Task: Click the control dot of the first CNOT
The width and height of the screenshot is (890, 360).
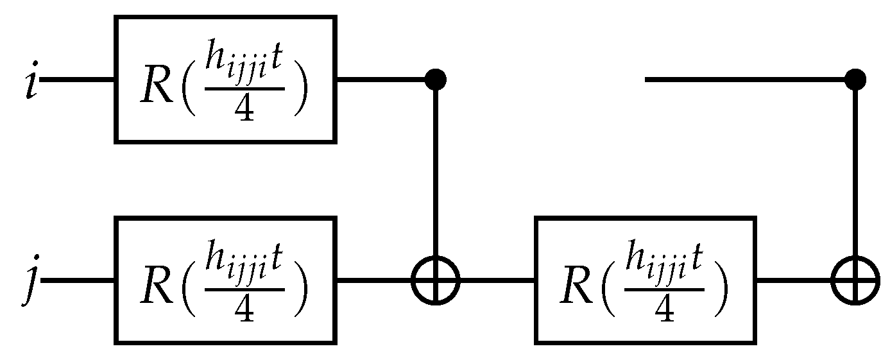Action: tap(436, 80)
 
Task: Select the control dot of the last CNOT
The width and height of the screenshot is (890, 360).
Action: tap(855, 80)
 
